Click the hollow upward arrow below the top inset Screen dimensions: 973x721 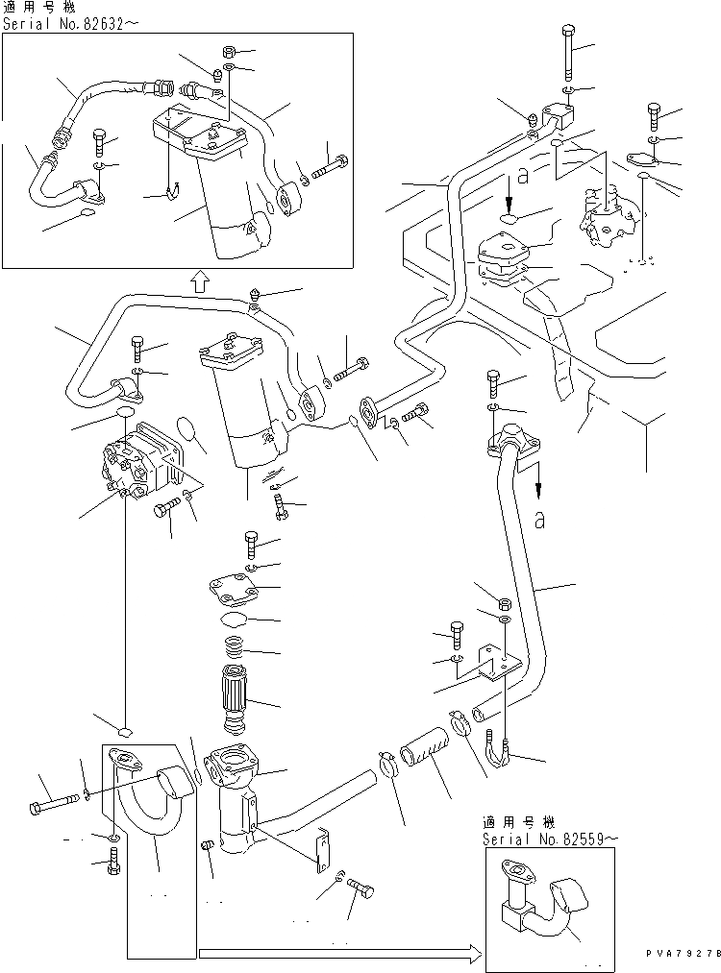197,280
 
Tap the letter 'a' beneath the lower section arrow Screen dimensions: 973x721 540,521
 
